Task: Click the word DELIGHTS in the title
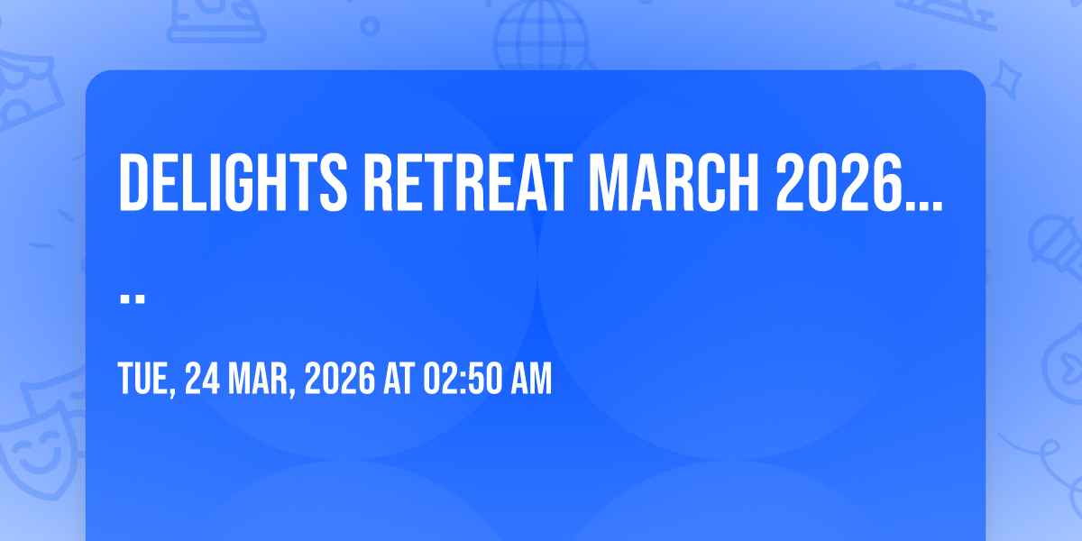pos(233,182)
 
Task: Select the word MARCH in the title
pos(674,182)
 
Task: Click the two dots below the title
pos(133,298)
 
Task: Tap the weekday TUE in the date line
pos(144,380)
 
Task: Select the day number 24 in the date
pos(202,379)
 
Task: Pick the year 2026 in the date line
pos(340,379)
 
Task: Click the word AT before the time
pos(399,379)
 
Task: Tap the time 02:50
pos(463,379)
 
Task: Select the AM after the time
pos(531,379)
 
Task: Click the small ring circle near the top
pos(370,26)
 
